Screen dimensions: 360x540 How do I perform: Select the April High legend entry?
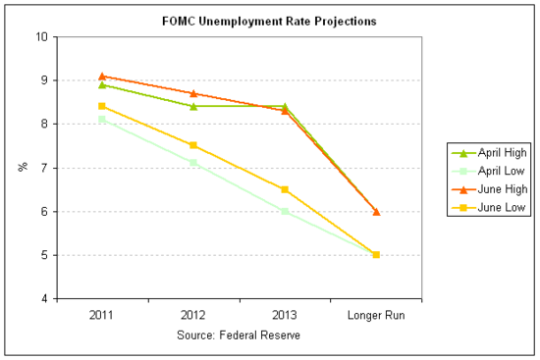coord(496,153)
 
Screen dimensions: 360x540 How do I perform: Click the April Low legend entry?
coord(496,171)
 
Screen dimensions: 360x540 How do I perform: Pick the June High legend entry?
coord(496,189)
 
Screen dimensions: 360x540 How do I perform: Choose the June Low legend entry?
coord(496,207)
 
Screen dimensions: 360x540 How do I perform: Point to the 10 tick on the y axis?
coord(41,37)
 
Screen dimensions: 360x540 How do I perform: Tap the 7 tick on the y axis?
coord(44,168)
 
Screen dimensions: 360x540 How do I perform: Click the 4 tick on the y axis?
coord(44,299)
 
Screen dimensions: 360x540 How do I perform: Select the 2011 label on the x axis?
coord(101,317)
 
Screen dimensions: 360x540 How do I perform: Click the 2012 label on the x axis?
coord(192,317)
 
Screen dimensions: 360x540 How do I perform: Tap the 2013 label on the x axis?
coord(284,317)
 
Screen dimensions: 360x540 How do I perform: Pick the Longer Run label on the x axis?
coord(375,317)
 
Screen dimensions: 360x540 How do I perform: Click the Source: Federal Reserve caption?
coord(238,334)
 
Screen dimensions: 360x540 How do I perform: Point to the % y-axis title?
coord(22,168)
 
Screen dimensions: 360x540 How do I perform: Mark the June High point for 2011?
coord(101,76)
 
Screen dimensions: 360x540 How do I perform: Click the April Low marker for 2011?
coord(101,120)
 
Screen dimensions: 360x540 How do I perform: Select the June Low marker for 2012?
coord(192,145)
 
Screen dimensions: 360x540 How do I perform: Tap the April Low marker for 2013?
coord(284,211)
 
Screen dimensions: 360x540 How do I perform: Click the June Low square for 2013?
coord(284,189)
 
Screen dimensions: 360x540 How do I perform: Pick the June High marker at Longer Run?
coord(375,211)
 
